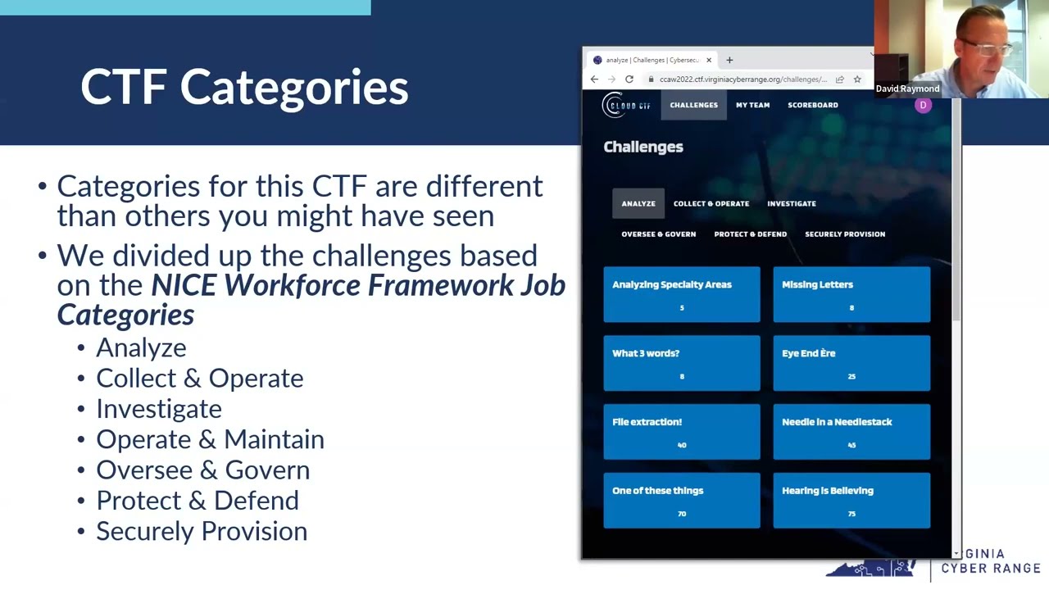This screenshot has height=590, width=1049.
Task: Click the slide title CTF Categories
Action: pos(244,87)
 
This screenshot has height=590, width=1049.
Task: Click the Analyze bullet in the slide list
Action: pos(141,347)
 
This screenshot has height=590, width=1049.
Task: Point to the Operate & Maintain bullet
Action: pos(210,439)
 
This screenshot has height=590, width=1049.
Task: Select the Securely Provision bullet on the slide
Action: pos(202,531)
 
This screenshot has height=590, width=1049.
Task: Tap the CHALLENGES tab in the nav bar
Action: pos(693,105)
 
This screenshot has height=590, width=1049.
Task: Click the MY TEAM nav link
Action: pos(752,105)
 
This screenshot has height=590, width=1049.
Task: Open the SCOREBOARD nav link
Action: pos(812,105)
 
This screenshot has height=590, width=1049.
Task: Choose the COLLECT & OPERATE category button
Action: pos(711,203)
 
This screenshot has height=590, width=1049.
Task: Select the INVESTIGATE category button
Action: pos(791,203)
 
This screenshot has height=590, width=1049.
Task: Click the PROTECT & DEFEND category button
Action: pos(750,234)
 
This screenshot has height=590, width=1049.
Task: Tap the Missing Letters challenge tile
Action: pos(851,294)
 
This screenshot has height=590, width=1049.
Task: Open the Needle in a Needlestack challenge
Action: pos(851,432)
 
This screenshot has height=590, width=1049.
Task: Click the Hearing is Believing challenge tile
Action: pos(851,501)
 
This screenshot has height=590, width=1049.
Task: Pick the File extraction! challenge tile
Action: pos(681,432)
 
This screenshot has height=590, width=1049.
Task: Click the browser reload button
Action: pos(629,79)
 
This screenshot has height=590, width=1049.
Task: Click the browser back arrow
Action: pos(594,79)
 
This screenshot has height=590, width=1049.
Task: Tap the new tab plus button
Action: pos(729,60)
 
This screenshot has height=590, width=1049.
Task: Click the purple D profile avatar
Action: pos(923,105)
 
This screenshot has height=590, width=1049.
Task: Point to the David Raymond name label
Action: pos(907,88)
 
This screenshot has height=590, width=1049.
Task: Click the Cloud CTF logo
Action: pos(627,105)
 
